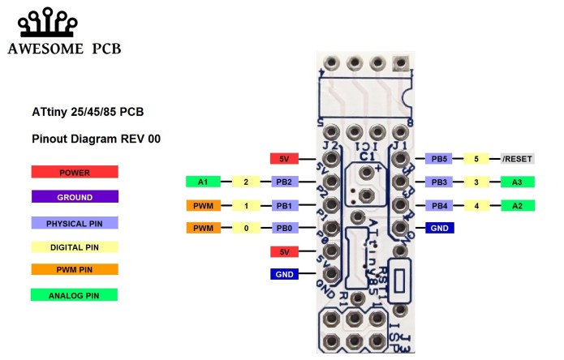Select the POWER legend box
pos(75,172)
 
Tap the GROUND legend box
pos(75,197)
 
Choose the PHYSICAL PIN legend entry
pos(75,222)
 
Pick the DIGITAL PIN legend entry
pos(75,246)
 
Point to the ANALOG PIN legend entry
pos(75,295)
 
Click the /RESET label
pos(517,159)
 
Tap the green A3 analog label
pos(517,182)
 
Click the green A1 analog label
pos(203,182)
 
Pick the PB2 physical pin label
pos(284,182)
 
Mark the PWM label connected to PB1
pos(203,206)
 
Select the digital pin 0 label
pos(246,229)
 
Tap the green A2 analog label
pos(517,206)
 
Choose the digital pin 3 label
pos(478,182)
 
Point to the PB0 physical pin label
pos(284,229)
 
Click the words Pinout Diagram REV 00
pos(96,139)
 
